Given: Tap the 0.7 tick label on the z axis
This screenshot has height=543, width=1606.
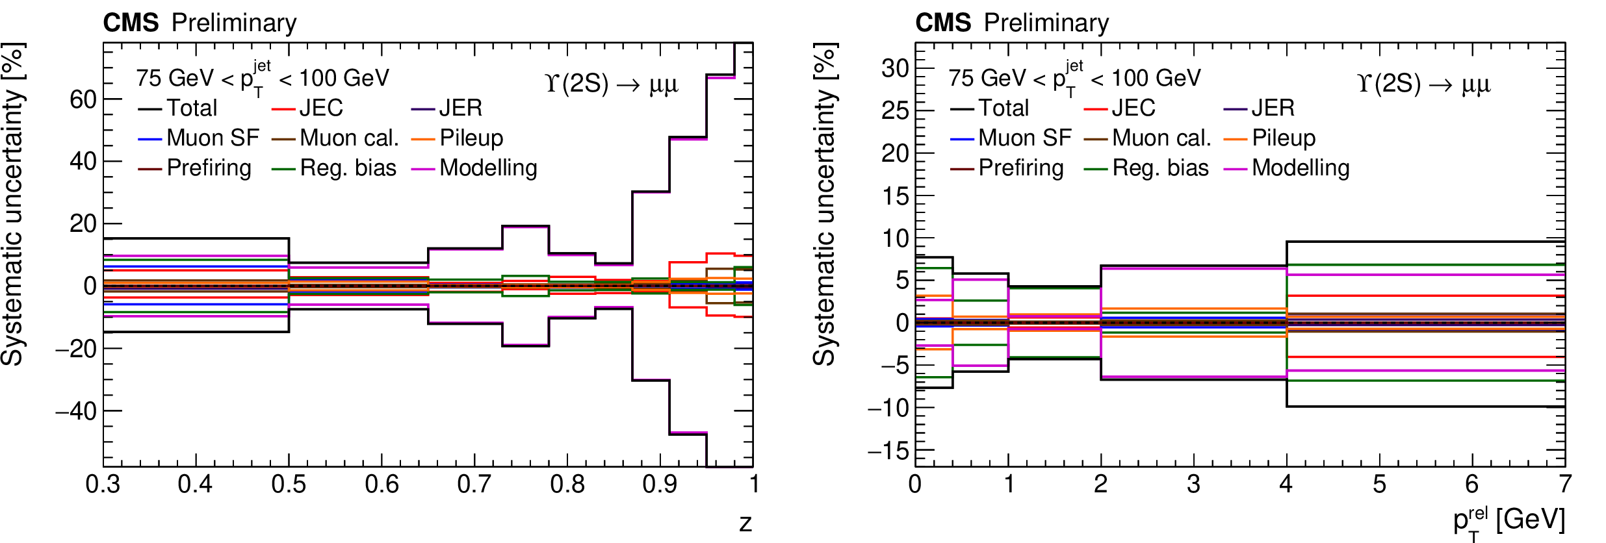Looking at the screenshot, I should (x=474, y=485).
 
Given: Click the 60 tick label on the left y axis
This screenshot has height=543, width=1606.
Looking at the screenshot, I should (x=83, y=99).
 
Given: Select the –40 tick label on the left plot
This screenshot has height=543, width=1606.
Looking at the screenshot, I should (x=76, y=411).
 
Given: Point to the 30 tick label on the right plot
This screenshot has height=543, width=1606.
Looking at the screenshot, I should (x=894, y=68).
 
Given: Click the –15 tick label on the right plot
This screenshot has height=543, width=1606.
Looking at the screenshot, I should (x=888, y=450).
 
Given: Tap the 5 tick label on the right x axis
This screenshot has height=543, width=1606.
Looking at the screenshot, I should (x=1379, y=485).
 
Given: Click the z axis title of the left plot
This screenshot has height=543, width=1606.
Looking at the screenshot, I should (x=745, y=523).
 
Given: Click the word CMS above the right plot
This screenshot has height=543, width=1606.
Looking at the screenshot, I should (x=942, y=23).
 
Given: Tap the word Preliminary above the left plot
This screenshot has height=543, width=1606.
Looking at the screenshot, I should (x=234, y=23).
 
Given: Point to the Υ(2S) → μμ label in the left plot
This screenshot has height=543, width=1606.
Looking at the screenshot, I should (x=612, y=84).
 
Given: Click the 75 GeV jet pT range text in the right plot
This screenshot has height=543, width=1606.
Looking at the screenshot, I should (x=1074, y=79).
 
